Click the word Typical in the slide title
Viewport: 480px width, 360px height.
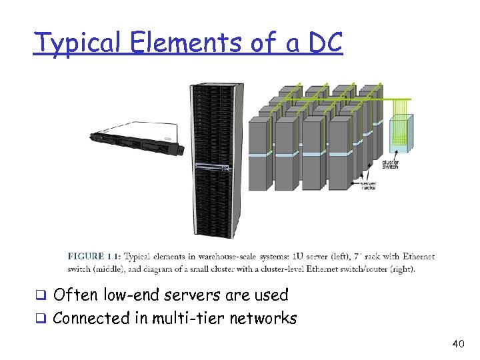(77, 43)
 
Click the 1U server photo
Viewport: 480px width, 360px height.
(137, 137)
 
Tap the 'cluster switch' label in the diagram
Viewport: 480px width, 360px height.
(390, 164)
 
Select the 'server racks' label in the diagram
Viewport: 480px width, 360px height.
(367, 185)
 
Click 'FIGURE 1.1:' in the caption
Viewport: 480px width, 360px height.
(95, 256)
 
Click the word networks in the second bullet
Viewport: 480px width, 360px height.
(263, 318)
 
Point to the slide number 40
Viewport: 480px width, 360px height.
(457, 343)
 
